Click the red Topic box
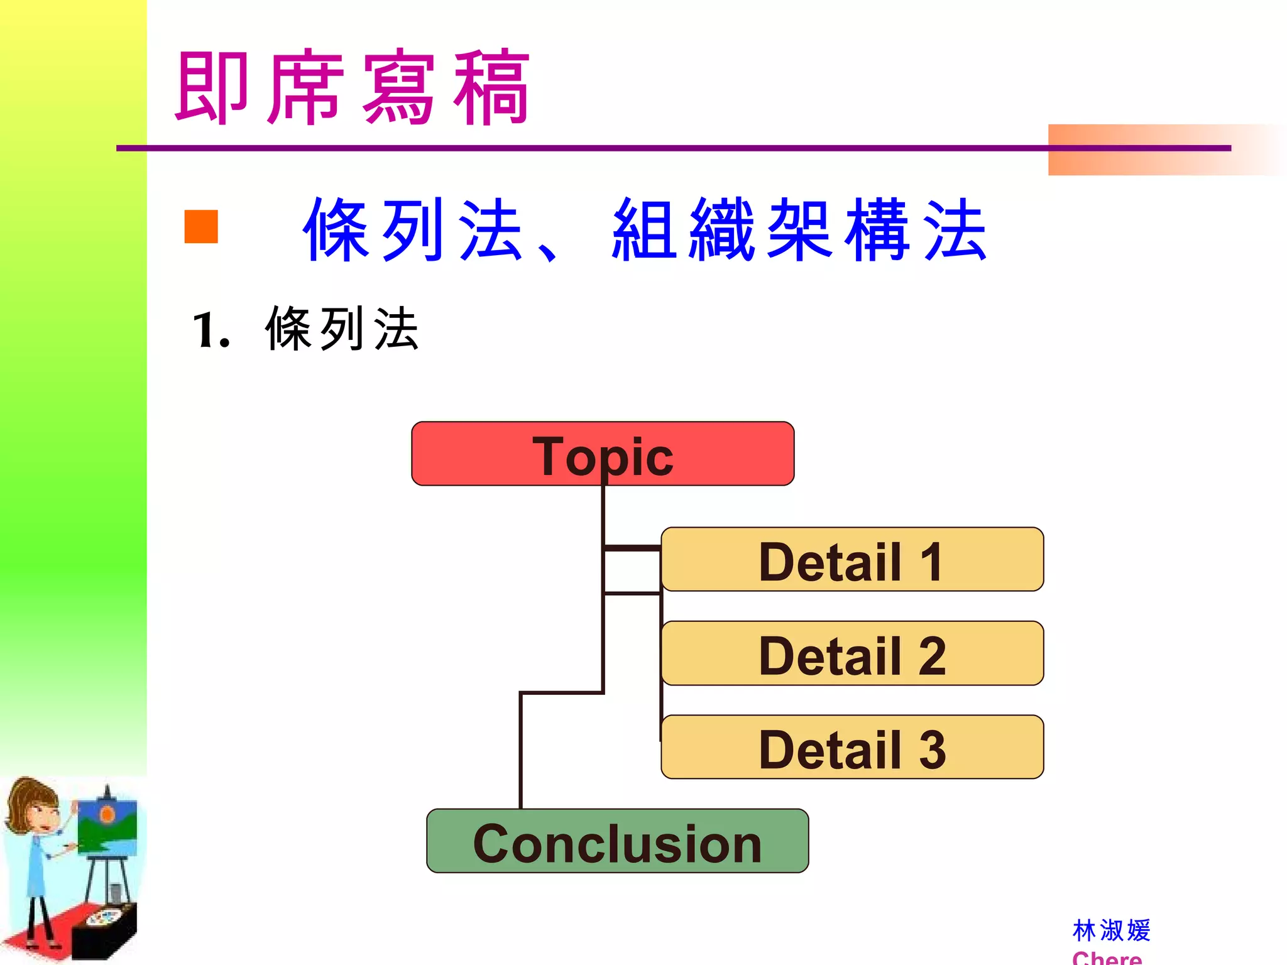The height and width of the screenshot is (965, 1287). (x=602, y=454)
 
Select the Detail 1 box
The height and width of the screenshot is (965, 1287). (x=852, y=559)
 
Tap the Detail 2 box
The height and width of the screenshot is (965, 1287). (x=852, y=653)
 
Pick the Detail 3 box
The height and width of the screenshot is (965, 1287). (x=852, y=748)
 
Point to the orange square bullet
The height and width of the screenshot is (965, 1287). (x=201, y=226)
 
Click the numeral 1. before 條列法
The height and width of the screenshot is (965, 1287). (x=210, y=331)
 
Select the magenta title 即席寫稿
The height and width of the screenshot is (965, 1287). (x=352, y=88)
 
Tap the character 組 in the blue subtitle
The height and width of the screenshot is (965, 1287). (x=644, y=229)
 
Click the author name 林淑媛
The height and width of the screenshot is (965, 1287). (x=1111, y=930)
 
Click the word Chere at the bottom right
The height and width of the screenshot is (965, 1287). (x=1107, y=958)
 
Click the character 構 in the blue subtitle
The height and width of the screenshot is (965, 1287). (x=877, y=229)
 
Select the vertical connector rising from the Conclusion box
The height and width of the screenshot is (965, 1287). (x=521, y=751)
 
